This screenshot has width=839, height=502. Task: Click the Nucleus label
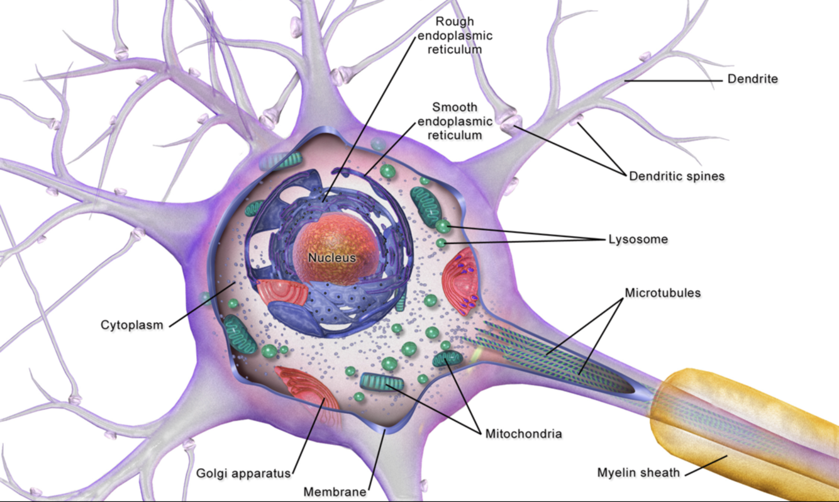(x=331, y=258)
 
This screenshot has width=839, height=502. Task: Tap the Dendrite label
(x=752, y=79)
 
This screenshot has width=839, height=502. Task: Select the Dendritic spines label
(x=676, y=177)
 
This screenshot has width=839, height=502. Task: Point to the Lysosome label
(x=637, y=240)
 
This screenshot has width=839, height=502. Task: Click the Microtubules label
(x=662, y=293)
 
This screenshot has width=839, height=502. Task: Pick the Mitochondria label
(x=523, y=433)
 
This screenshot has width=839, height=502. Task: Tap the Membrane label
(x=335, y=491)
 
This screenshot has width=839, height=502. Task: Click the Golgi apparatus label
(x=243, y=473)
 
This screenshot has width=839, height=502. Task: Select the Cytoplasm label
(x=131, y=325)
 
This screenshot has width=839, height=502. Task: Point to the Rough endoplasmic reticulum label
(x=455, y=36)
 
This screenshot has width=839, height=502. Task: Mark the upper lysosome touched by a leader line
(x=443, y=225)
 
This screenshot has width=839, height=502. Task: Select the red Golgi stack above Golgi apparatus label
(x=308, y=390)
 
